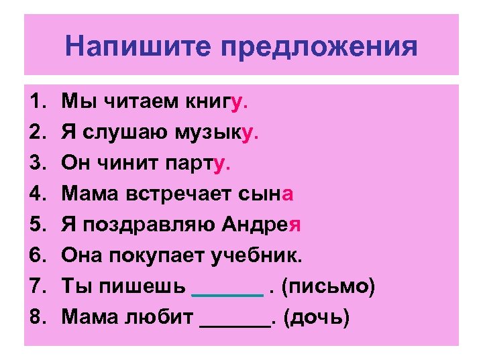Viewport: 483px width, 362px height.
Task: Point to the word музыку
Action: pos(222,133)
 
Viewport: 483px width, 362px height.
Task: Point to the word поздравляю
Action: pos(145,225)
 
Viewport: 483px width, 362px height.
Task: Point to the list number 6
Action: pos(36,256)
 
